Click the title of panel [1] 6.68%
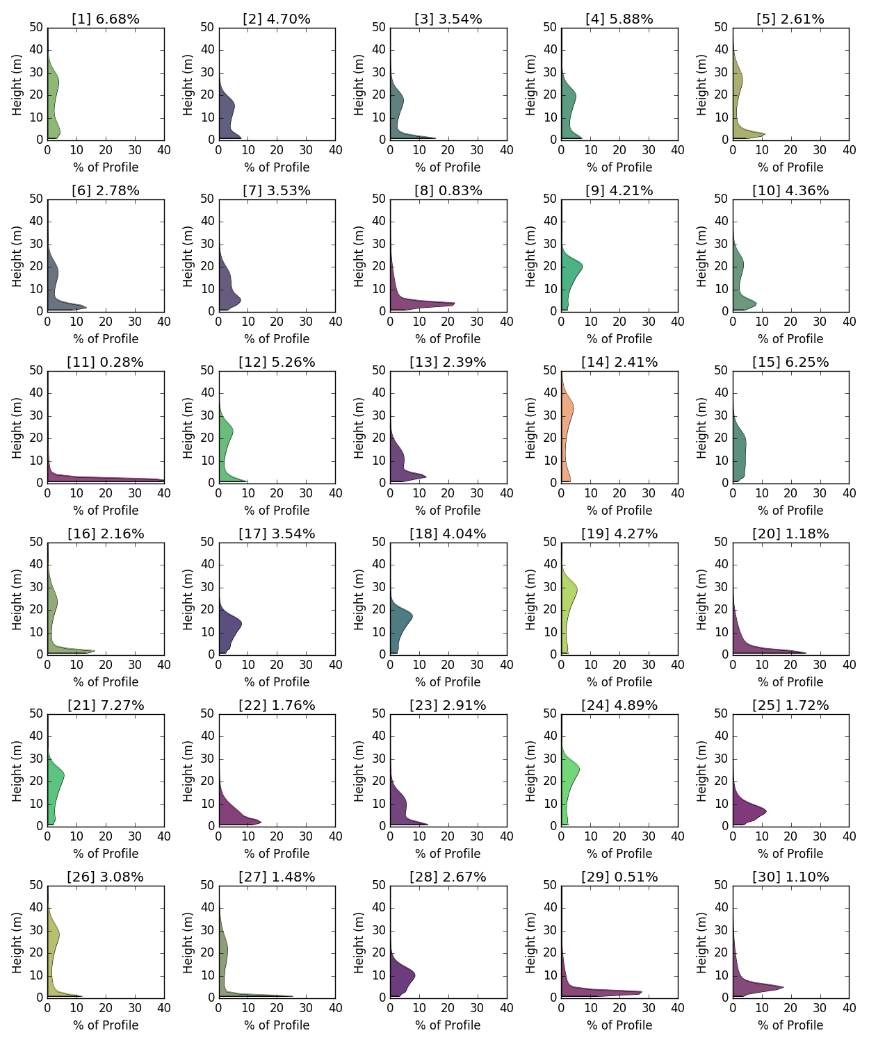(106, 19)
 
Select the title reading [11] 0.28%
(106, 362)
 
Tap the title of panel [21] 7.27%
(106, 705)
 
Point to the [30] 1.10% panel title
(790, 877)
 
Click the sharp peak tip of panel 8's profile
(454, 304)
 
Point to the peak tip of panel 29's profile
(641, 992)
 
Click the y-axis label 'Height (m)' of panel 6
(17, 256)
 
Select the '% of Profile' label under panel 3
(448, 167)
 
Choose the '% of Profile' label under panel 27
(277, 1025)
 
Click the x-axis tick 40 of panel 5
(849, 150)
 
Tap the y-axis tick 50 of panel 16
(35, 542)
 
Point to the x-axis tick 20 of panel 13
(448, 493)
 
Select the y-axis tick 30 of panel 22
(207, 759)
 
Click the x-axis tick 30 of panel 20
(820, 665)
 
